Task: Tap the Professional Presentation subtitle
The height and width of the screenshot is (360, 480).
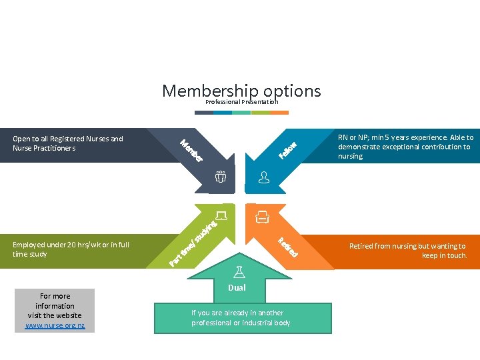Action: (x=241, y=102)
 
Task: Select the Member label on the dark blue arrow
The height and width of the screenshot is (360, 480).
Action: (x=191, y=150)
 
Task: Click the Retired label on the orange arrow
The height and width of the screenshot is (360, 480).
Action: (x=287, y=247)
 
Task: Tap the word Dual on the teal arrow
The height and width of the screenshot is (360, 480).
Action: (x=237, y=287)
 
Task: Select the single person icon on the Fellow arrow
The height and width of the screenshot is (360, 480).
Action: (x=264, y=177)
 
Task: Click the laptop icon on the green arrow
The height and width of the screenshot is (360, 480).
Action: (x=221, y=215)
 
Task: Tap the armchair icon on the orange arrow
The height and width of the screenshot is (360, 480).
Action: (x=263, y=216)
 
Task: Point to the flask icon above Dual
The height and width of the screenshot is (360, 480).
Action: (x=237, y=271)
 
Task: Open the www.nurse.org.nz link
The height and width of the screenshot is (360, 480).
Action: (x=55, y=325)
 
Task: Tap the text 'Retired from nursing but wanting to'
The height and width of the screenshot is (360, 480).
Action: (x=407, y=246)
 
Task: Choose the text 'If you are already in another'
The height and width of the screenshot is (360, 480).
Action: (x=237, y=313)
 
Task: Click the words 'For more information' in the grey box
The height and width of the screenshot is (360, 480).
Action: (x=55, y=301)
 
